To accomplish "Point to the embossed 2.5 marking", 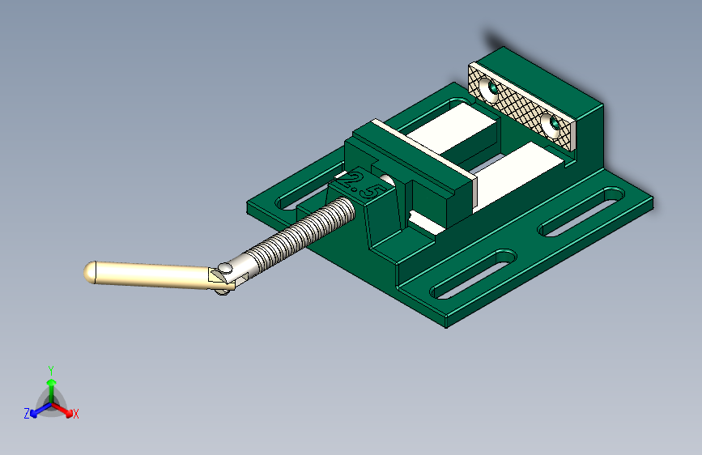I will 363,186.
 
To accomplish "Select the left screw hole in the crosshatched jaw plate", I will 491,87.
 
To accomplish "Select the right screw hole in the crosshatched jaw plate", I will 554,125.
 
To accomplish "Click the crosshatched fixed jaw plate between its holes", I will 523,106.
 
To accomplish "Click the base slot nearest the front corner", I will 474,275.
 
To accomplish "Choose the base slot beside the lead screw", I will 302,193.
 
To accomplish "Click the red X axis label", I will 76,414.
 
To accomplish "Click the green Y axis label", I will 50,369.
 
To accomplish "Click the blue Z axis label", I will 27,413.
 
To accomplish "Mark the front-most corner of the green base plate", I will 448,326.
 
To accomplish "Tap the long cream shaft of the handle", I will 154,275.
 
